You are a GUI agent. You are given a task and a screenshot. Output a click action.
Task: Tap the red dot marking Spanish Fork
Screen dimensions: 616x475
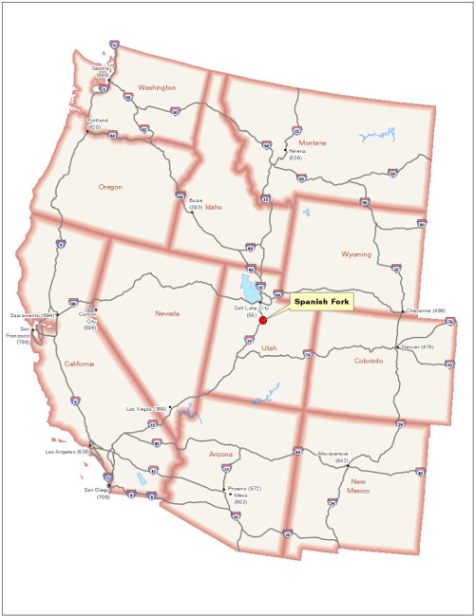(x=263, y=320)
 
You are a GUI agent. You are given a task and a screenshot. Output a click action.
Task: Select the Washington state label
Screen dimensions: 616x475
(x=157, y=87)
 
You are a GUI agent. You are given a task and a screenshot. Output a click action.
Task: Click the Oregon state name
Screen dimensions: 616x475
(x=110, y=187)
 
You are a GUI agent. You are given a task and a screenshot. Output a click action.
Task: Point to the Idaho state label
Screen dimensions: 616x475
(x=214, y=206)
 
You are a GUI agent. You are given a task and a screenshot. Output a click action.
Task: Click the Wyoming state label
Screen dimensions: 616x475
(x=356, y=254)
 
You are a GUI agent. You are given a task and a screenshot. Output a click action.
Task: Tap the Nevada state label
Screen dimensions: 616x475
(x=167, y=313)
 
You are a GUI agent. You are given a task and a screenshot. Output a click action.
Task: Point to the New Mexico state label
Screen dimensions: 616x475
(x=357, y=485)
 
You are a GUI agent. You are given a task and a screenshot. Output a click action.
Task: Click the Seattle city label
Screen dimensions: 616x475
(x=100, y=71)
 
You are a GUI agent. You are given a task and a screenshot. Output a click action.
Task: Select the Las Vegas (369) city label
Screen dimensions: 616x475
(x=147, y=409)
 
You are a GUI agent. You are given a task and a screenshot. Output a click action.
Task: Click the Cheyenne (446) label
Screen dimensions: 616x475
(x=425, y=310)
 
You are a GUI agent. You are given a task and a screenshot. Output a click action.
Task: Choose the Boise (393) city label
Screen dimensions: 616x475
(x=195, y=203)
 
